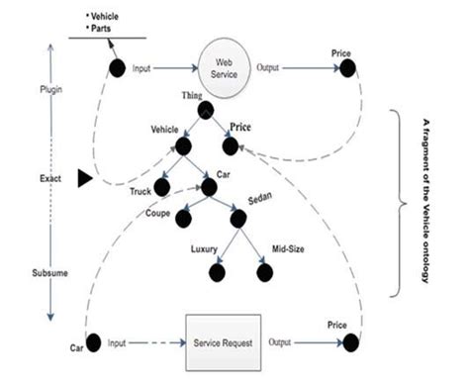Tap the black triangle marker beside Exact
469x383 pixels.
85,177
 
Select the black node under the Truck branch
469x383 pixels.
162,186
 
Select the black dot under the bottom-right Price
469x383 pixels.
349,343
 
